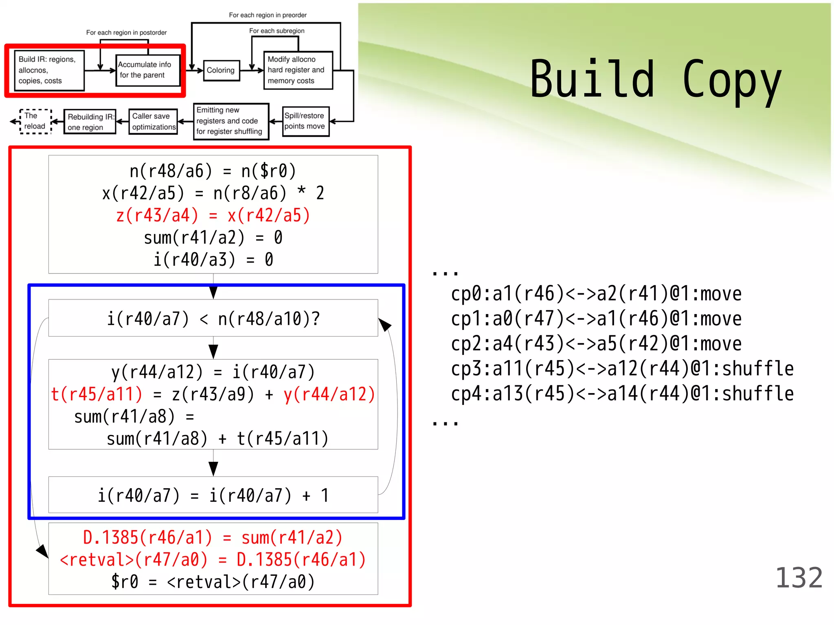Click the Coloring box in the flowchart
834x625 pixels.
[x=221, y=70]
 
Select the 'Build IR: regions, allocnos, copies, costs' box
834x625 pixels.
[x=49, y=70]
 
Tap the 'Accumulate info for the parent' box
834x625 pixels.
[x=147, y=70]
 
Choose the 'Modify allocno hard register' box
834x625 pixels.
[x=298, y=70]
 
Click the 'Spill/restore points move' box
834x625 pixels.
[x=305, y=121]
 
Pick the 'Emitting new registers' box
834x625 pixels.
[x=231, y=121]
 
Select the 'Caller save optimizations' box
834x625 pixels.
[x=153, y=121]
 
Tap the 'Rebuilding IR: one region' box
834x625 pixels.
[x=90, y=122]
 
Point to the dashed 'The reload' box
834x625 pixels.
[x=35, y=121]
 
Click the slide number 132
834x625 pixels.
[x=799, y=578]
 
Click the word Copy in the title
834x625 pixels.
[x=731, y=80]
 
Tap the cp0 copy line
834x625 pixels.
[x=596, y=294]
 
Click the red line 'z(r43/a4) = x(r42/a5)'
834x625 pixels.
[x=213, y=215]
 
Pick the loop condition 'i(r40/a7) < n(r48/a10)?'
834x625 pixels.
[x=213, y=319]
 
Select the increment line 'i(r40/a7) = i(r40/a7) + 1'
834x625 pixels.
[x=213, y=495]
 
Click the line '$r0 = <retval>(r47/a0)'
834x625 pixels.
[x=213, y=582]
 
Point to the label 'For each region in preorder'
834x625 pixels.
[x=268, y=15]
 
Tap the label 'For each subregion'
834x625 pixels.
[x=277, y=31]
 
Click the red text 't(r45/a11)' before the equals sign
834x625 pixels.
[x=97, y=394]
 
